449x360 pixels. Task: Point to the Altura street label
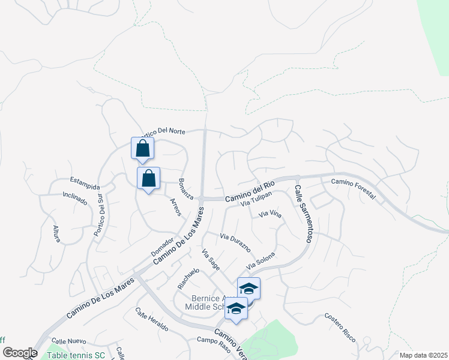pos(56,233)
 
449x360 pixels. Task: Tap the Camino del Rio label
pos(250,193)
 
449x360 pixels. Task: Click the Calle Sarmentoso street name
pos(303,213)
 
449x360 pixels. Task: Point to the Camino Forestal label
pos(354,189)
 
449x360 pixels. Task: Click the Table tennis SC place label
pos(76,355)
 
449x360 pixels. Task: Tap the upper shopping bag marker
pos(143,148)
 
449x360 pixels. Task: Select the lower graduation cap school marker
pos(236,310)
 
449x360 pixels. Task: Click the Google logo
pos(20,353)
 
